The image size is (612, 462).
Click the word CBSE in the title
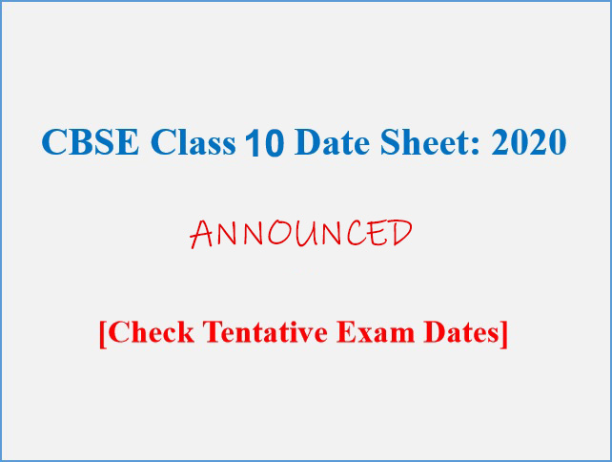pos(91,141)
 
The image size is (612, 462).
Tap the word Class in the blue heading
pos(194,141)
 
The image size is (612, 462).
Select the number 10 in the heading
pos(265,142)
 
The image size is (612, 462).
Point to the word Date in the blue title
pos(332,141)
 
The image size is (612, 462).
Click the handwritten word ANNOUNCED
pos(301,233)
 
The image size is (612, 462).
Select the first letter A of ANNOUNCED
pos(201,235)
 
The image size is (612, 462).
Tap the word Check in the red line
pos(151,332)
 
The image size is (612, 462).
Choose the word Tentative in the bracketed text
pos(265,332)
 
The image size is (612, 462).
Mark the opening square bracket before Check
pos(103,334)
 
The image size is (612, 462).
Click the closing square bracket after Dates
pos(504,334)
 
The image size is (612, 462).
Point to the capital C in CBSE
pos(53,141)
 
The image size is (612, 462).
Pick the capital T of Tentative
pos(214,332)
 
